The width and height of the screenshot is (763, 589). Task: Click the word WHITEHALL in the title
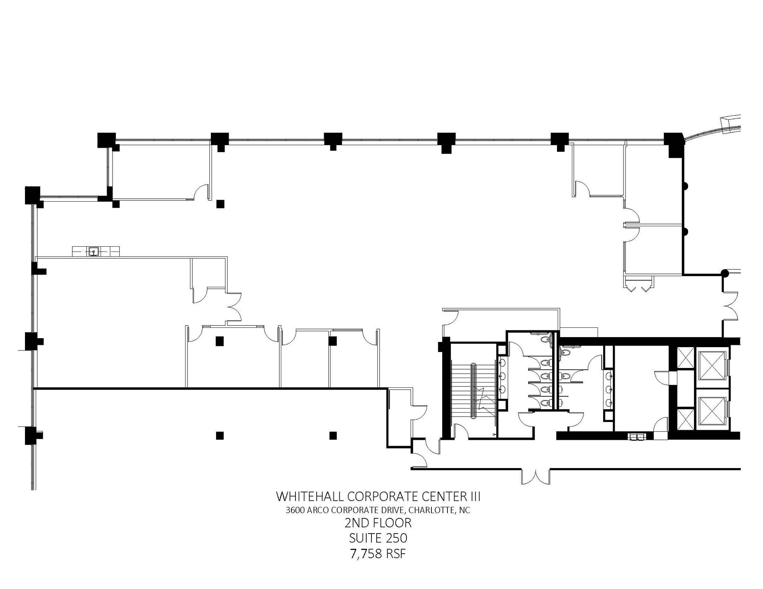[310, 496]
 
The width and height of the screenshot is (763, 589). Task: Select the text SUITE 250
[378, 538]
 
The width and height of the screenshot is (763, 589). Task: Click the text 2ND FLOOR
[378, 523]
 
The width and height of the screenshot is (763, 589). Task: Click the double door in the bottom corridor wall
[536, 477]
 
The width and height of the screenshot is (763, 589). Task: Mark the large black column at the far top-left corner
[32, 195]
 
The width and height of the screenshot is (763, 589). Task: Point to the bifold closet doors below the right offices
[638, 288]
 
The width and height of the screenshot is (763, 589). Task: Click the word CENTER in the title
[442, 496]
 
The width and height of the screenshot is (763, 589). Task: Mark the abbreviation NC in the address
[465, 510]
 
